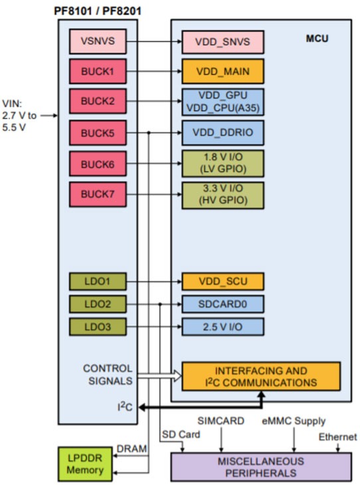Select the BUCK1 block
tap(97, 71)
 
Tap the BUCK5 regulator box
tap(97, 132)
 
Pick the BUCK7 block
tap(97, 194)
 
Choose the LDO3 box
tap(97, 327)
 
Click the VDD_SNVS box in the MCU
tap(223, 42)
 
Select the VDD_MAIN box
tap(223, 71)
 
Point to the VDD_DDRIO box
tap(223, 132)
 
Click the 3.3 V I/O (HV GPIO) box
tap(223, 194)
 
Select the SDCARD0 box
tap(223, 304)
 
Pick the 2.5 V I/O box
tap(223, 327)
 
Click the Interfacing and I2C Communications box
tap(261, 376)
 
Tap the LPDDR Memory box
tap(85, 464)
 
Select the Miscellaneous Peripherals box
tap(261, 466)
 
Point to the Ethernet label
tap(337, 436)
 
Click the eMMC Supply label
tap(293, 421)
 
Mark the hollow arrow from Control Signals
tap(159, 376)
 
